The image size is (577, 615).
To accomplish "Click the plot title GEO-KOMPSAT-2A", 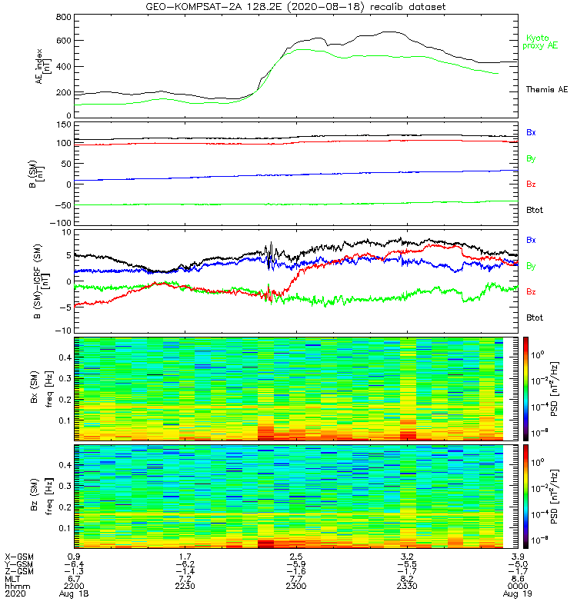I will (296, 7).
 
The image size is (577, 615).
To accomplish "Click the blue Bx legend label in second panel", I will (531, 132).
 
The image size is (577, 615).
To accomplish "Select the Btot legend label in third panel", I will (535, 317).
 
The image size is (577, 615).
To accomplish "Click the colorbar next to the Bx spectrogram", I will (527, 388).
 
